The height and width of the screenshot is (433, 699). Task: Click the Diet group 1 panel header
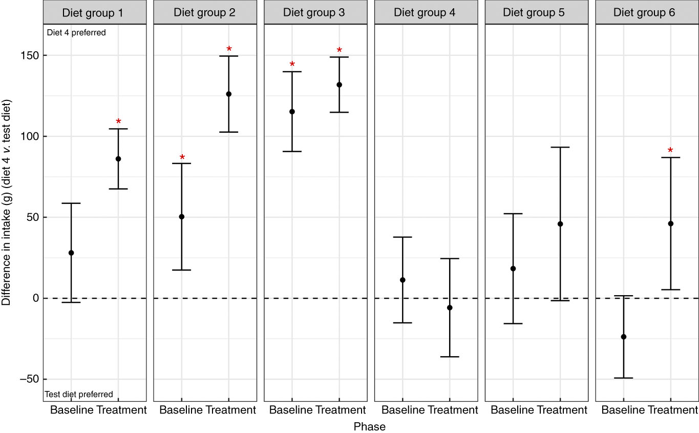[x=95, y=12]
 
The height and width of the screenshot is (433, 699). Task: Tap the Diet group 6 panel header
[x=647, y=12]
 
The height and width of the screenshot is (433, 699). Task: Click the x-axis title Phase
[x=370, y=426]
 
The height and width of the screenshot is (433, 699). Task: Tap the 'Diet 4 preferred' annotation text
[x=76, y=33]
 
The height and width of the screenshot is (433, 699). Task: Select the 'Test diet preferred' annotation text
[x=79, y=395]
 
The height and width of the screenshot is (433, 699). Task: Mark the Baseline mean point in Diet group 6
[x=623, y=337]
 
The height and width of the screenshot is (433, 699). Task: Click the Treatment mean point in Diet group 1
[x=118, y=159]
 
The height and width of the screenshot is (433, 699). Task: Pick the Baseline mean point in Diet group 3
[x=292, y=112]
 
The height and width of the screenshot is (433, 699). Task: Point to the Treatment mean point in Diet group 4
[x=450, y=307]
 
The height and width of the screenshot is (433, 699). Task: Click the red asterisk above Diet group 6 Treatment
[x=670, y=151]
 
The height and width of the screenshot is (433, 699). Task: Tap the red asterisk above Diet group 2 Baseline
[x=182, y=157]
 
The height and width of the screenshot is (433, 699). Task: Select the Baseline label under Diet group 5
[x=512, y=410]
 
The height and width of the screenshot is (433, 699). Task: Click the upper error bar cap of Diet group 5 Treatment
[x=560, y=147]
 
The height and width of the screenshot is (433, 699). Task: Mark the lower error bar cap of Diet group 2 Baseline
[x=181, y=270]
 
